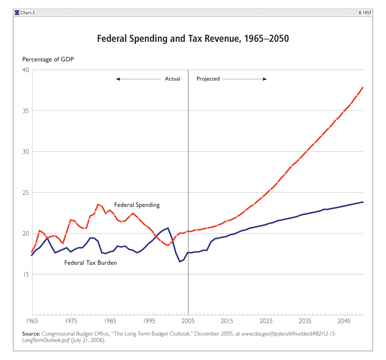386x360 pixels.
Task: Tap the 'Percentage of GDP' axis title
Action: pyautogui.click(x=49, y=60)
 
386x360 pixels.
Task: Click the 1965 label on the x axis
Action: pyautogui.click(x=32, y=321)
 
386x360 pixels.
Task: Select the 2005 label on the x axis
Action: pyautogui.click(x=188, y=321)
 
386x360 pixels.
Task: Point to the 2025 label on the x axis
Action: pyautogui.click(x=266, y=321)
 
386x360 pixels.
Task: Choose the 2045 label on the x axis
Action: pyautogui.click(x=344, y=321)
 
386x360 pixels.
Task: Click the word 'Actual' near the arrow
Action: pyautogui.click(x=173, y=79)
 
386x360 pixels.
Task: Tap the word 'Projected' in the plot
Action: pyautogui.click(x=208, y=79)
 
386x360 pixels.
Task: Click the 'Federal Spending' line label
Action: pyautogui.click(x=137, y=205)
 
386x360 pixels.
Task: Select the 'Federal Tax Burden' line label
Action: pyautogui.click(x=91, y=263)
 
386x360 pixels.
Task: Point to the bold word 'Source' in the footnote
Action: pyautogui.click(x=31, y=333)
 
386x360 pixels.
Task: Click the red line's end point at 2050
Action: pyautogui.click(x=363, y=87)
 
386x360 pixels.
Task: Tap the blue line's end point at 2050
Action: pyautogui.click(x=363, y=202)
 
